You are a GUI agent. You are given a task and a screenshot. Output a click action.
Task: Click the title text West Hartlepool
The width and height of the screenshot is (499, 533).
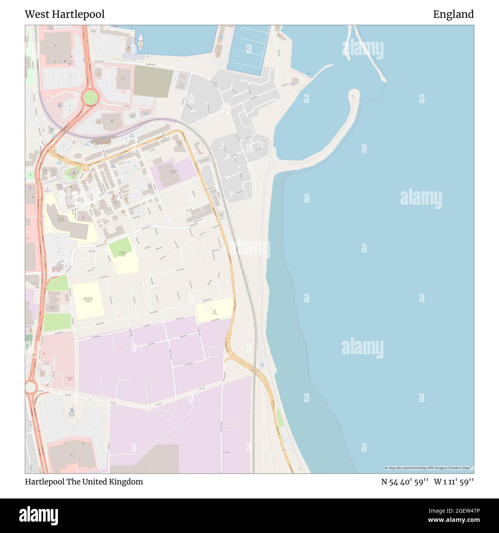pos(64,14)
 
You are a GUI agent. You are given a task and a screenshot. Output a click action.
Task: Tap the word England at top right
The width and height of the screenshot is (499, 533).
pos(453,14)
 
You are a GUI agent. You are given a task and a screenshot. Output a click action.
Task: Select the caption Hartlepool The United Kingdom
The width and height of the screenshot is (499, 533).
pos(84,482)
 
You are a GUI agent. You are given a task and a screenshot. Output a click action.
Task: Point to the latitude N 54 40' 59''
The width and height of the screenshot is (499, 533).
pos(405,482)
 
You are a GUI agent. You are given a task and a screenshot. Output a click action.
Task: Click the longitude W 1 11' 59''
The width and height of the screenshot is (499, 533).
pos(454,482)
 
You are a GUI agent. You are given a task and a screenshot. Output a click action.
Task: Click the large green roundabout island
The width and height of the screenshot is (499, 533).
pos(91,97)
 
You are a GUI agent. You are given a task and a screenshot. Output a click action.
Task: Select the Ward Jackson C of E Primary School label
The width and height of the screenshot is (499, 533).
pos(88,299)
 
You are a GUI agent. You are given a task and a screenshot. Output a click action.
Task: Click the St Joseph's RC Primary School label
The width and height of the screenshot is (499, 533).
pos(122,254)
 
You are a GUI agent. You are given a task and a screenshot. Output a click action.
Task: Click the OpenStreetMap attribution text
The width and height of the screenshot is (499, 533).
pos(429,468)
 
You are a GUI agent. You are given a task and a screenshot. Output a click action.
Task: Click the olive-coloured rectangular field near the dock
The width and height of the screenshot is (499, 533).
pos(153,81)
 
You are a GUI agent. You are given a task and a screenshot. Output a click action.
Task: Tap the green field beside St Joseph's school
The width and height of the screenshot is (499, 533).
pos(120,247)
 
